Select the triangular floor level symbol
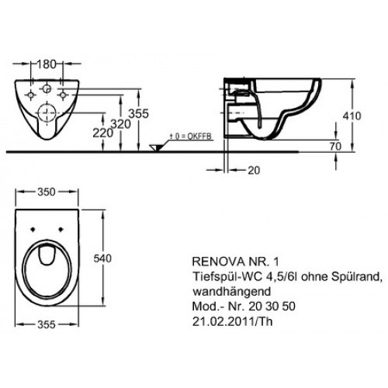pyautogui.click(x=158, y=145)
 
